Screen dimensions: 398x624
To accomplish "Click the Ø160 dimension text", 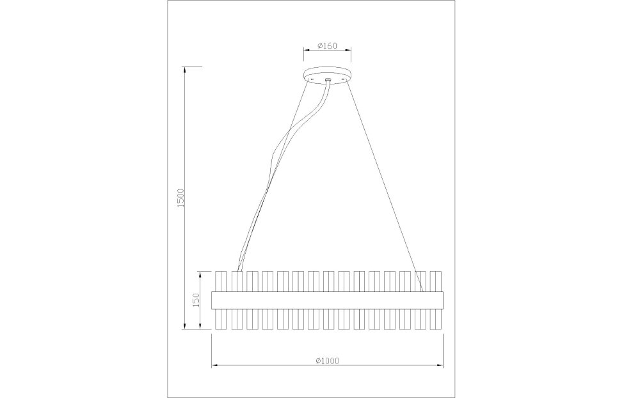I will pos(327,46).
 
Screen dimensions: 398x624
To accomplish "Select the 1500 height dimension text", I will pos(180,198).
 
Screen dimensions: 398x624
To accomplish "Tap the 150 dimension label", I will pos(197,300).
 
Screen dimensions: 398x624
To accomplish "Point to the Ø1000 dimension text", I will pos(327,360).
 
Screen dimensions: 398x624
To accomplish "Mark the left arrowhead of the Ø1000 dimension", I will pos(214,366).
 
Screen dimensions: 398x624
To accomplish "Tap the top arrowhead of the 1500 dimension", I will pos(185,69).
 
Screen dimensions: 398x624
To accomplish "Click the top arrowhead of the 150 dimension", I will pos(201,274).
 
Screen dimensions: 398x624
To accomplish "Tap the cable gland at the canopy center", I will pos(328,81).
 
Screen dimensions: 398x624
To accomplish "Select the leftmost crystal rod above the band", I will pos(221,281).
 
